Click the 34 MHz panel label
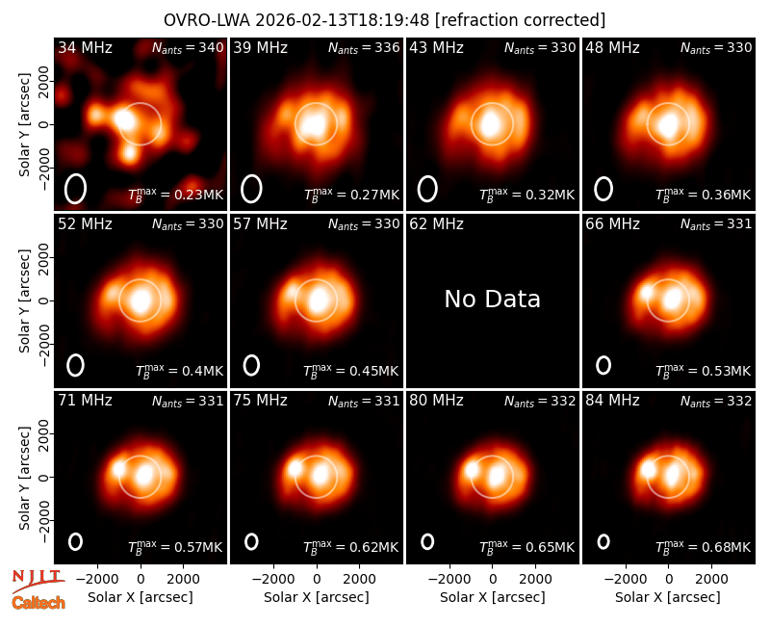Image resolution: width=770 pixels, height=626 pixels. coord(85,47)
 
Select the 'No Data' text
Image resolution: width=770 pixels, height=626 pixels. coord(492,299)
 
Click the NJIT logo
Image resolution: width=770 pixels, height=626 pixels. coord(38,582)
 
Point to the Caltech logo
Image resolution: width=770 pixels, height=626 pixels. coord(38,603)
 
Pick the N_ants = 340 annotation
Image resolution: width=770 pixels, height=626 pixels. coord(188,47)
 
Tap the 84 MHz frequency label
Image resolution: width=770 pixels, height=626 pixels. coord(612,401)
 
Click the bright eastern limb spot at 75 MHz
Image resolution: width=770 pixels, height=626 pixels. coord(295,468)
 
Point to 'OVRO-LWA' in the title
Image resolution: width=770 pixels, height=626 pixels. coord(207,20)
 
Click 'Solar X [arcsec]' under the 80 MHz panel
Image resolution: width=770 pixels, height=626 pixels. coord(492,597)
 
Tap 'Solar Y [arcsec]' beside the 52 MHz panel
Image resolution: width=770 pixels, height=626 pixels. coord(24,300)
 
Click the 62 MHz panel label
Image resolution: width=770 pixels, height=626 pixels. coord(437,224)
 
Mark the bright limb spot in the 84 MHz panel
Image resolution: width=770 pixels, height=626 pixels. coord(648,470)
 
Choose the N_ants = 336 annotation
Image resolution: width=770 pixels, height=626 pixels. coord(364,47)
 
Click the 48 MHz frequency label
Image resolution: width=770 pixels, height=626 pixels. coord(612,47)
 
